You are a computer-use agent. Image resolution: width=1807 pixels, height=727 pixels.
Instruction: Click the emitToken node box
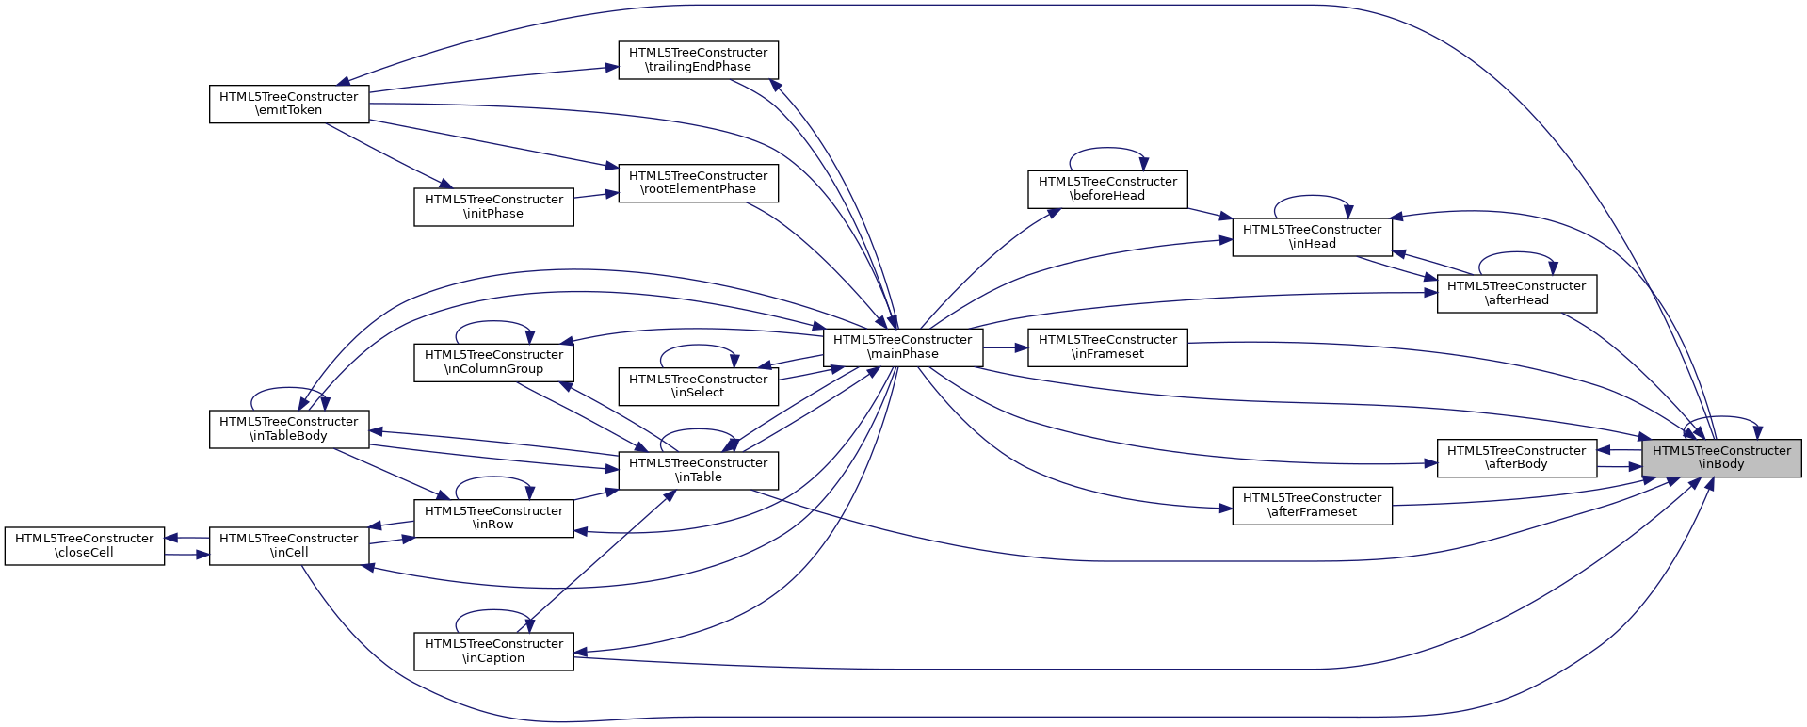click(x=288, y=104)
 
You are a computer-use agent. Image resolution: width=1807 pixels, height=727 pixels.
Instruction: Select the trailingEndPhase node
click(x=698, y=60)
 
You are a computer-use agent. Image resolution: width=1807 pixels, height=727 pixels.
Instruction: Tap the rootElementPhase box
click(x=698, y=183)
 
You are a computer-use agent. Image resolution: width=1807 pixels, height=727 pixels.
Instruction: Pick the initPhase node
click(x=493, y=206)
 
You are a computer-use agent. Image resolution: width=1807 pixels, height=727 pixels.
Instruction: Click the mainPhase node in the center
click(x=902, y=347)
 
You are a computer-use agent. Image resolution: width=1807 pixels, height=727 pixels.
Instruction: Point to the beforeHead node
click(x=1107, y=188)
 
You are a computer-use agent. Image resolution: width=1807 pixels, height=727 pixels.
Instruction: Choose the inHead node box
click(x=1312, y=236)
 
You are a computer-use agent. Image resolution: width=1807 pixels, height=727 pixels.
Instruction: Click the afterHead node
click(x=1516, y=293)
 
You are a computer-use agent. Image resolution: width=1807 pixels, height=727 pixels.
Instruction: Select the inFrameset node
click(x=1107, y=347)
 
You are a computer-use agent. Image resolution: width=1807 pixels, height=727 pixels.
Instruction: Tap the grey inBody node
click(x=1721, y=458)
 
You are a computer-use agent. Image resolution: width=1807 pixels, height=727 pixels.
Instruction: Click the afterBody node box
click(x=1516, y=458)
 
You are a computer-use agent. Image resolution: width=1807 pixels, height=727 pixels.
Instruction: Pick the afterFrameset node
click(x=1312, y=505)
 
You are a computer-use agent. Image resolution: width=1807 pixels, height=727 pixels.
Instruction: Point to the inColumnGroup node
click(x=493, y=362)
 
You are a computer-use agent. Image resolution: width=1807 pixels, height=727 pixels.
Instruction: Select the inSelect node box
click(x=698, y=386)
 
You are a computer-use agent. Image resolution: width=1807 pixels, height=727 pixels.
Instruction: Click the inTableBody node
click(x=288, y=428)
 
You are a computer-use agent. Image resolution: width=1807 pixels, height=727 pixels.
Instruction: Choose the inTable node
click(x=698, y=470)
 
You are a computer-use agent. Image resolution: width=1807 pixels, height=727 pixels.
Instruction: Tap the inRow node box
click(x=493, y=518)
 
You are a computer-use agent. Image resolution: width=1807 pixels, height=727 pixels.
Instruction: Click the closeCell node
click(x=85, y=545)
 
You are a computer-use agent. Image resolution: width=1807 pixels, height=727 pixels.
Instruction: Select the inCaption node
click(x=493, y=651)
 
